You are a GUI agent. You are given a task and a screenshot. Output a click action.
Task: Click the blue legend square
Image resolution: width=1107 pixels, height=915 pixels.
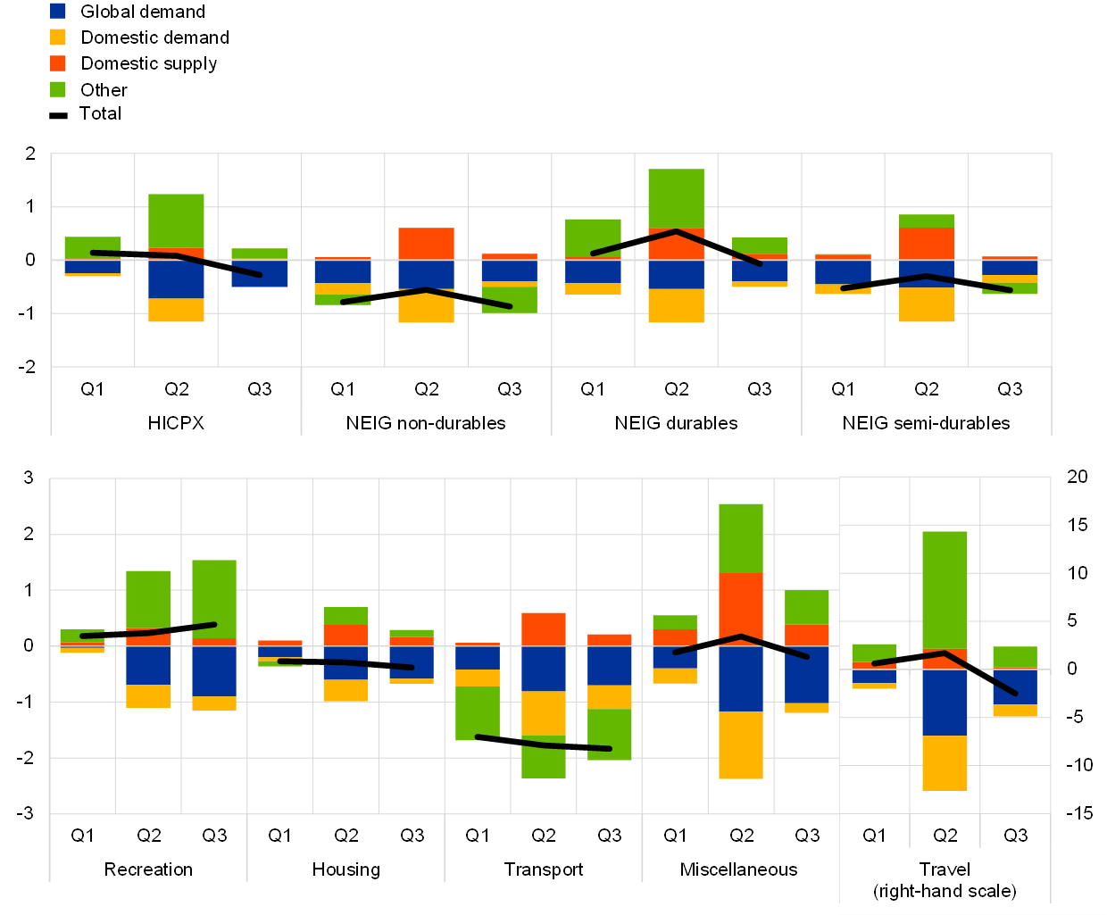(58, 12)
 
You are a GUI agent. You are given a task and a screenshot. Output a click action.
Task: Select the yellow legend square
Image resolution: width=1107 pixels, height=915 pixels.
(58, 37)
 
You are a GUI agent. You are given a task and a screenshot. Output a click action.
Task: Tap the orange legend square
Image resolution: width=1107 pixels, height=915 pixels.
(58, 63)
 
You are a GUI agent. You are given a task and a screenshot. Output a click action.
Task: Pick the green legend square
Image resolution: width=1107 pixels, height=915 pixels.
(58, 89)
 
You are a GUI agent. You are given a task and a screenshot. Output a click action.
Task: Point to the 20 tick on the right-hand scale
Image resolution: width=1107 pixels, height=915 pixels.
(1078, 477)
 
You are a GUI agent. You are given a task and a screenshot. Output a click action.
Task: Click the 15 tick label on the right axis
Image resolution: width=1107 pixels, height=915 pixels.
(1078, 525)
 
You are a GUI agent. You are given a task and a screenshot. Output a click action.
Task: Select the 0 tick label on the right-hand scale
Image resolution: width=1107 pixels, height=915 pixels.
(1071, 669)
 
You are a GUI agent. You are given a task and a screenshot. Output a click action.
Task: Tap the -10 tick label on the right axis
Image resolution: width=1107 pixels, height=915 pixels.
(1078, 765)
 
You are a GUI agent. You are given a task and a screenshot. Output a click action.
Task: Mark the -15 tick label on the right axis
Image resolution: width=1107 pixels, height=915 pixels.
(1078, 813)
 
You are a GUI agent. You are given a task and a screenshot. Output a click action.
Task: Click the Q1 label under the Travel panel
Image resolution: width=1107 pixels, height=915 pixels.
(874, 836)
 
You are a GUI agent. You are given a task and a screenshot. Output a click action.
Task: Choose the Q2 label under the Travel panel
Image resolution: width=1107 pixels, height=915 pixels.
(945, 836)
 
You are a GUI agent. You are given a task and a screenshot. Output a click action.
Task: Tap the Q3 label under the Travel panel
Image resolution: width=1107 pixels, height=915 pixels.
(1015, 836)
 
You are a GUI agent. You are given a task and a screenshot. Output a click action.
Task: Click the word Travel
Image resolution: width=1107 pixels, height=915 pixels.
(945, 869)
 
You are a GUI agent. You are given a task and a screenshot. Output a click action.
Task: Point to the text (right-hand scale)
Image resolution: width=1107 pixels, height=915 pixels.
(945, 891)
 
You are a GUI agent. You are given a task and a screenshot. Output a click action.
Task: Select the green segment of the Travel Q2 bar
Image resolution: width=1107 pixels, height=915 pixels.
(945, 589)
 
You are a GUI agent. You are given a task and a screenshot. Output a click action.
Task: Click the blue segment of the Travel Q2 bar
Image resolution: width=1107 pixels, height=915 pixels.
(945, 703)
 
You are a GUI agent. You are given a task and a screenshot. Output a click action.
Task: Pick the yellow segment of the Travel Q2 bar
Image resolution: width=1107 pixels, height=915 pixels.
(945, 763)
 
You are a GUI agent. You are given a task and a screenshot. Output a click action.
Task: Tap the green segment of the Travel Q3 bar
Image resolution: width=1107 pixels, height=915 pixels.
(1015, 656)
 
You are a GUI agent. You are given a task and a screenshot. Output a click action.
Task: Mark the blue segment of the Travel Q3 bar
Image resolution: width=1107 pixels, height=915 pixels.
(1015, 687)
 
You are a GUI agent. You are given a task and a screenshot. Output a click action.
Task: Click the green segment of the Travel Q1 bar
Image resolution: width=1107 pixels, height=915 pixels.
(874, 653)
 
